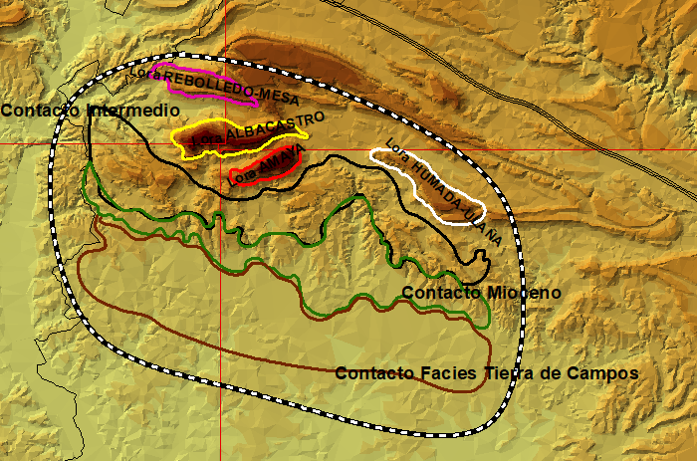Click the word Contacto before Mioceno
coord(443,293)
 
